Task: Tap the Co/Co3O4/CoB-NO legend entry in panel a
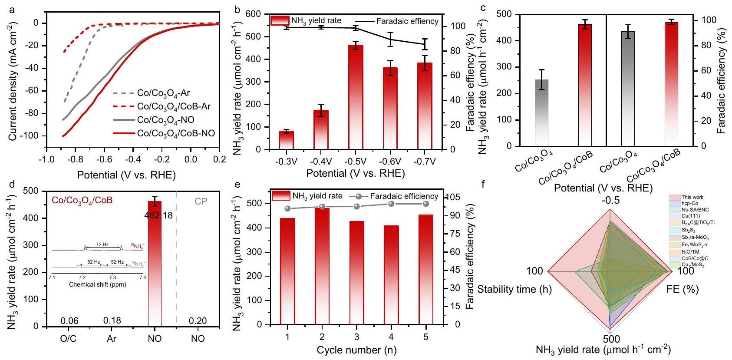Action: tap(176, 133)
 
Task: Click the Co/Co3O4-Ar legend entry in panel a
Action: tap(163, 93)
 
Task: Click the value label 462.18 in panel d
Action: tap(158, 215)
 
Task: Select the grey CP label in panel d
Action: tap(201, 201)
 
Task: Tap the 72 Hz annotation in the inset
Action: tap(102, 245)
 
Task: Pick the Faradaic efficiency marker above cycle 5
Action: tap(426, 204)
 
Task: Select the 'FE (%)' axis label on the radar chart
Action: tap(683, 289)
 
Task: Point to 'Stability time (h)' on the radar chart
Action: tap(514, 289)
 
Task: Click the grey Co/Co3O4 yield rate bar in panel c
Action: tap(541, 113)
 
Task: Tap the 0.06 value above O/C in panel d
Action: tap(69, 320)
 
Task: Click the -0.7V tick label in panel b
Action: tap(425, 162)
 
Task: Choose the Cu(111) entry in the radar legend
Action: tap(690, 216)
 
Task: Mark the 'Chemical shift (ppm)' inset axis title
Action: tap(97, 284)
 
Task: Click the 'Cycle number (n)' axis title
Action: tap(356, 350)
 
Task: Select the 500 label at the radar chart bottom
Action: tap(611, 339)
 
